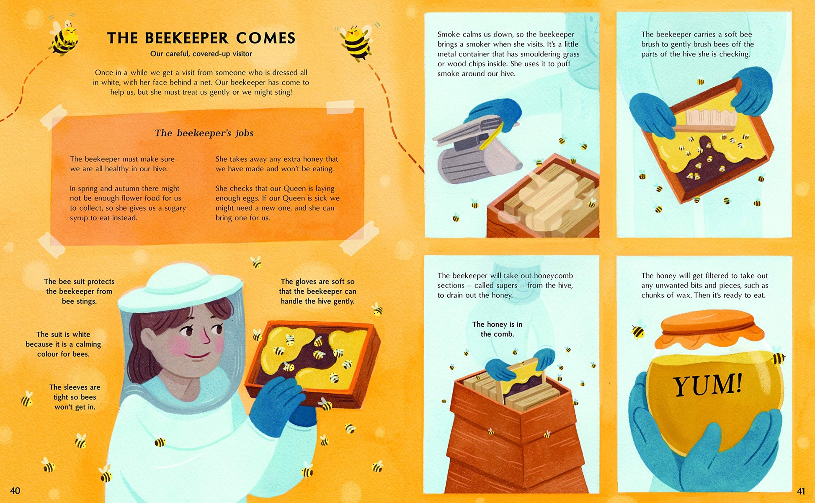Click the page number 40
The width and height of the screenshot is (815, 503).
15,490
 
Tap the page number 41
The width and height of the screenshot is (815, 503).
801,491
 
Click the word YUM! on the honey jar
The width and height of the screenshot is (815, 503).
707,384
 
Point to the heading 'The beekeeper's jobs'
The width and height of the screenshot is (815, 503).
204,133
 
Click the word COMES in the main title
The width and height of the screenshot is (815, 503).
266,38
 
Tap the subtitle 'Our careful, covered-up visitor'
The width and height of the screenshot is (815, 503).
201,54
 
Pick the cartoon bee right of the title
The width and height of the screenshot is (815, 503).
356,41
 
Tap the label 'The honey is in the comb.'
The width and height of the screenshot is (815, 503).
497,329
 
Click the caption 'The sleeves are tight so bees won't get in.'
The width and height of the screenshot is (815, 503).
75,397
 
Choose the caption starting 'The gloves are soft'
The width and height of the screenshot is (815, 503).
317,291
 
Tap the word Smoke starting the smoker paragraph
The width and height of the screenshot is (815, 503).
449,34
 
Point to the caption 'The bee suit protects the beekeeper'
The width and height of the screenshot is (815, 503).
79,291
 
